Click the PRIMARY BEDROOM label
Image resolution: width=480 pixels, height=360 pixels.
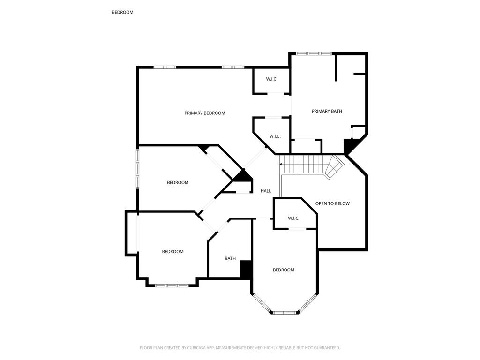click(x=204, y=113)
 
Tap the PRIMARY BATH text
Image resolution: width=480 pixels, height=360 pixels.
click(x=327, y=111)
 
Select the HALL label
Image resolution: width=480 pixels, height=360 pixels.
click(x=266, y=191)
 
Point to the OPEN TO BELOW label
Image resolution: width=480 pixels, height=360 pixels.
click(x=332, y=203)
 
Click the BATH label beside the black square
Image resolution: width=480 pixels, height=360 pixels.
click(x=230, y=258)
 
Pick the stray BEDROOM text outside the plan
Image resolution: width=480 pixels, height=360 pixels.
click(x=122, y=12)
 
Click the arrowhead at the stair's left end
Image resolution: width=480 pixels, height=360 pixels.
click(x=281, y=164)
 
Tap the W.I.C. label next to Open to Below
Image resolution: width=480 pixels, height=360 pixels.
click(x=293, y=218)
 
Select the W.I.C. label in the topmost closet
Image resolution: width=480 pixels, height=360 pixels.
click(x=271, y=79)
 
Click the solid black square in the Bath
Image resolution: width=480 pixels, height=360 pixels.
click(x=246, y=270)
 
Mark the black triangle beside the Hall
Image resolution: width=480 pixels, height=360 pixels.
click(x=244, y=176)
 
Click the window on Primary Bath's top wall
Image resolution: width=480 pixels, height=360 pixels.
click(x=314, y=54)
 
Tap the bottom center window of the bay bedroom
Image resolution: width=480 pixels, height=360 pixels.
click(x=285, y=313)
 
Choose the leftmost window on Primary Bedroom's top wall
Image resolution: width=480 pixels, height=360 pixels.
click(x=165, y=67)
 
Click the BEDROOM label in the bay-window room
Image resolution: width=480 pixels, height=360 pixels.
click(x=284, y=270)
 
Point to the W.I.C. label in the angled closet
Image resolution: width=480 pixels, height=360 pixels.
click(x=275, y=136)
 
